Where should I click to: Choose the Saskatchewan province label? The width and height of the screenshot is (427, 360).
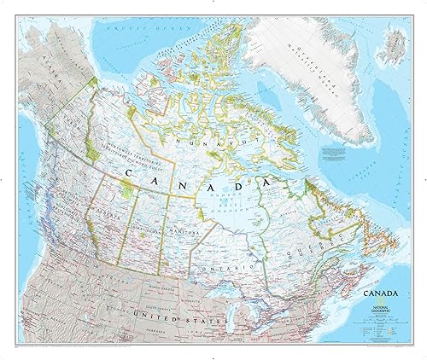click(x=154, y=229)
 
